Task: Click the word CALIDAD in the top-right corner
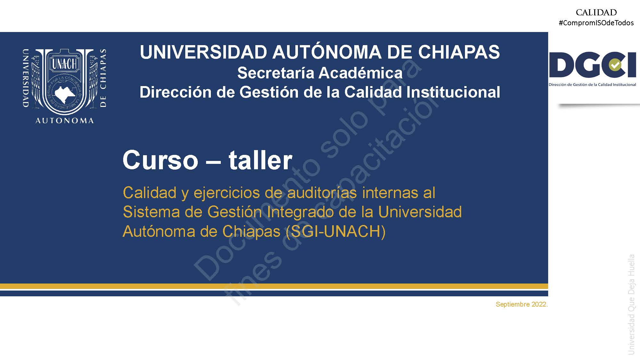click(596, 12)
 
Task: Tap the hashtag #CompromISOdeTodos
click(596, 23)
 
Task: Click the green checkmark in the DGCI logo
click(615, 65)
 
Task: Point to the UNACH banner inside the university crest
click(64, 64)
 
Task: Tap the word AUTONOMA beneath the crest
click(65, 121)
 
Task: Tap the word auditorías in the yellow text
click(322, 193)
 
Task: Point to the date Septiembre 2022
click(522, 304)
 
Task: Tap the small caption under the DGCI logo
click(592, 85)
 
